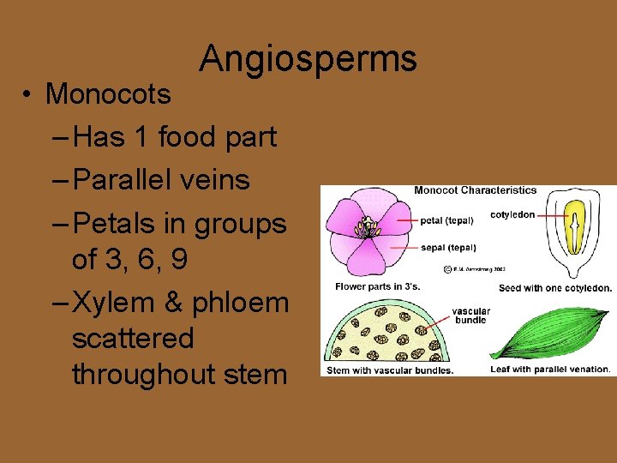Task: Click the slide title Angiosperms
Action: coord(308,59)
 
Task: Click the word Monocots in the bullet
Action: coord(108,93)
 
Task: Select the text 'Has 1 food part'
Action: coord(175,136)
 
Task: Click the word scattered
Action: coord(133,338)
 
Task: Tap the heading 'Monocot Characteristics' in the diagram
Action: coord(475,190)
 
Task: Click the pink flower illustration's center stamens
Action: coord(368,228)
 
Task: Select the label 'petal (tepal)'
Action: coord(446,220)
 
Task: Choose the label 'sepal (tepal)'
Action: coord(447,247)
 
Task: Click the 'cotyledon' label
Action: coord(512,214)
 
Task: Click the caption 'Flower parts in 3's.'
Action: coord(377,286)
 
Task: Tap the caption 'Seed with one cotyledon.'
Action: coord(555,288)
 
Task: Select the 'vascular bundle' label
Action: coord(470,316)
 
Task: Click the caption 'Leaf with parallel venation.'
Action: coord(550,370)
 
